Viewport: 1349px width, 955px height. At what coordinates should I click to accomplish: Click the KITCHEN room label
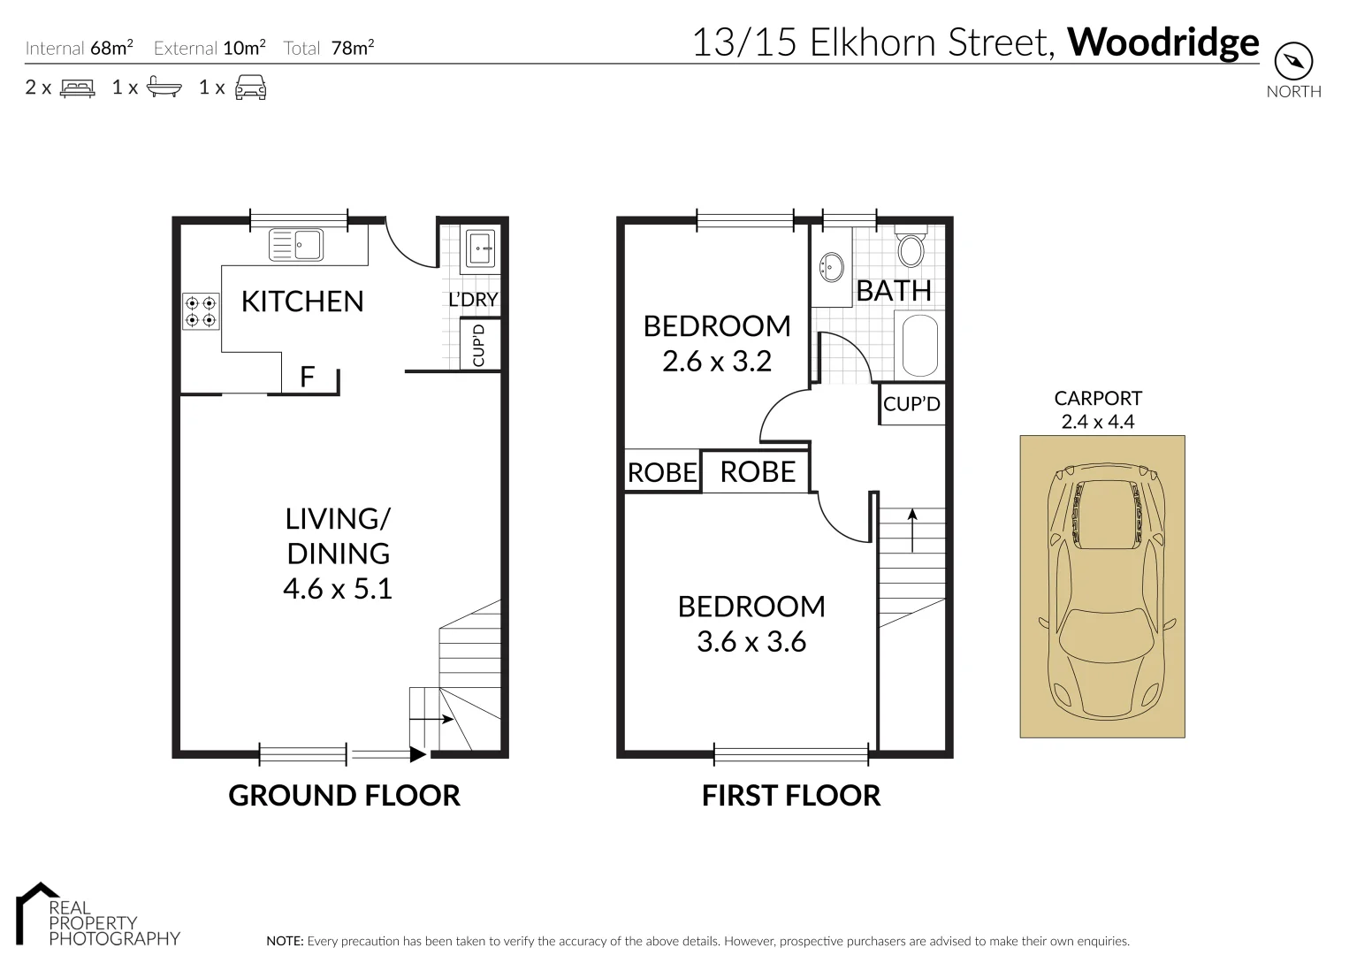click(x=302, y=302)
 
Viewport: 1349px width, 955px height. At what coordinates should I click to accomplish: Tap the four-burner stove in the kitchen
click(x=200, y=311)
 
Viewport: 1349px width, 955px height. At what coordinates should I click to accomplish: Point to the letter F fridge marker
click(x=307, y=378)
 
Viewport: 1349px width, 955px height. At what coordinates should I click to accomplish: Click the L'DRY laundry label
click(x=473, y=300)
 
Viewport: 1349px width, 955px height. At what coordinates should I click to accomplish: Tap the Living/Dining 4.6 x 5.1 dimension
click(x=338, y=589)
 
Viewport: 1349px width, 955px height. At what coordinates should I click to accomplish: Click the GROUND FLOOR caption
click(x=344, y=796)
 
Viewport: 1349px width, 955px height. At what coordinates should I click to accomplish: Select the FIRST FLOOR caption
click(x=791, y=796)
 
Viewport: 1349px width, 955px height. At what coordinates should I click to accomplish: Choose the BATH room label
click(x=894, y=290)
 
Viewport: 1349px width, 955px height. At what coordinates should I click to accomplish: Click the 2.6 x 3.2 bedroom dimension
click(x=717, y=361)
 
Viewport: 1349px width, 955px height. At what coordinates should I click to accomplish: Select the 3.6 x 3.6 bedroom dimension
click(x=751, y=642)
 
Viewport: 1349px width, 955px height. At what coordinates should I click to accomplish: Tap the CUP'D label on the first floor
click(x=911, y=404)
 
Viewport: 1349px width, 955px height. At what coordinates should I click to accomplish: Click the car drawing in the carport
click(x=1102, y=588)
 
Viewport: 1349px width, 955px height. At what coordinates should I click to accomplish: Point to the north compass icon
click(x=1293, y=62)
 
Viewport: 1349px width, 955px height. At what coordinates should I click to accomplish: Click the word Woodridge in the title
click(x=1163, y=42)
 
